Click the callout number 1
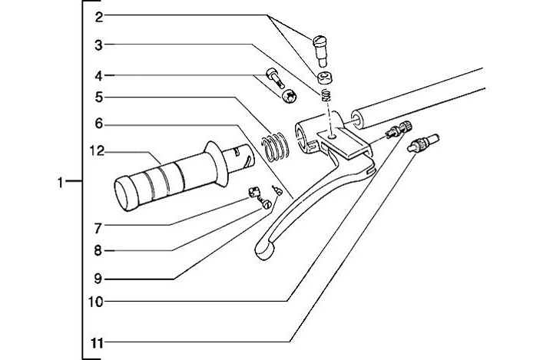[x=61, y=182]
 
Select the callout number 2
[x=98, y=16]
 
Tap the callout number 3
[x=98, y=45]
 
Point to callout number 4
[x=98, y=75]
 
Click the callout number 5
[x=98, y=97]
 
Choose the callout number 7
[x=98, y=227]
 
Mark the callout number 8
[x=98, y=250]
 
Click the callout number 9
[x=98, y=279]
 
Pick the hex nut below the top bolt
[x=326, y=77]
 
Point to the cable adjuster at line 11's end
[x=424, y=142]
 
